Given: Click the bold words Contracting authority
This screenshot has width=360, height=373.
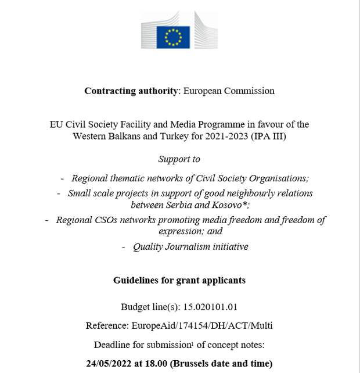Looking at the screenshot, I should pyautogui.click(x=131, y=91).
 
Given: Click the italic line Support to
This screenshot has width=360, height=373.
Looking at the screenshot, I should pyautogui.click(x=179, y=159).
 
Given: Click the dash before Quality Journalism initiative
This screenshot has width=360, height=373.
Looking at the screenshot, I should pyautogui.click(x=124, y=247).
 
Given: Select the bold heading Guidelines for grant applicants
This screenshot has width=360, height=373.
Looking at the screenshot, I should pyautogui.click(x=179, y=280).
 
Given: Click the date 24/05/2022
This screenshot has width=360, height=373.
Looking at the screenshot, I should pyautogui.click(x=110, y=364).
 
